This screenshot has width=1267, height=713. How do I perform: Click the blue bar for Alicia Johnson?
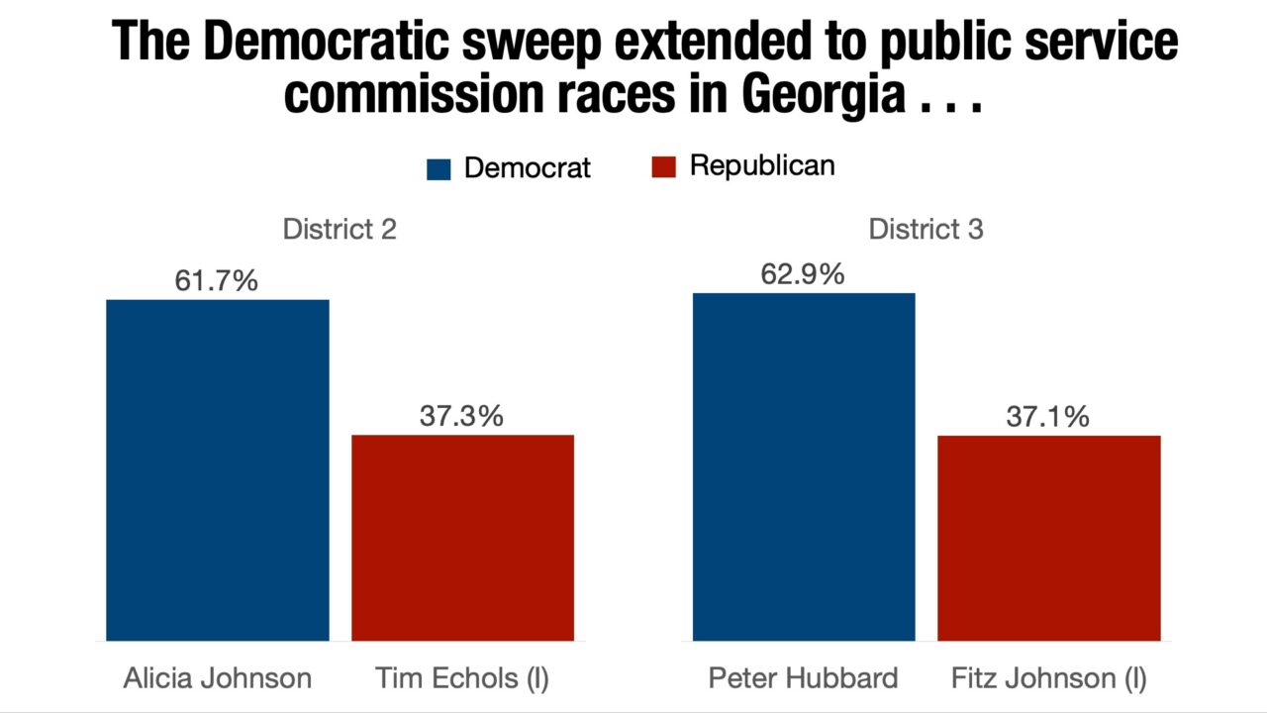click(218, 470)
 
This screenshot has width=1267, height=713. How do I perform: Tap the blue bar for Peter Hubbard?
click(804, 467)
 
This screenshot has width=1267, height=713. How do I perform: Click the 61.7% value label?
click(216, 281)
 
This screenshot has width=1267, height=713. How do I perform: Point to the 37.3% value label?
click(461, 416)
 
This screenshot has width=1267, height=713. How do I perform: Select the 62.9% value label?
click(803, 274)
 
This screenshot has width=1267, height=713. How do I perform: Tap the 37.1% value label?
click(1047, 417)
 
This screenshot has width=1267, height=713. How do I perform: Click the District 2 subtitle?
click(340, 230)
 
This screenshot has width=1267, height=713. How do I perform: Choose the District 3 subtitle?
click(926, 230)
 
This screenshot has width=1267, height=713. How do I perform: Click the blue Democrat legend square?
click(439, 168)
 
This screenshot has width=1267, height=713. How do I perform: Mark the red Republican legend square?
click(663, 167)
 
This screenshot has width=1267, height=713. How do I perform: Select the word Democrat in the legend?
click(527, 168)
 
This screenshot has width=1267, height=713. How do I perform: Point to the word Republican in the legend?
click(762, 166)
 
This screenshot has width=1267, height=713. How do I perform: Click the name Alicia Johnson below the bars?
click(218, 678)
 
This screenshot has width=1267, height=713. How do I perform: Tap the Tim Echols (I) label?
click(462, 678)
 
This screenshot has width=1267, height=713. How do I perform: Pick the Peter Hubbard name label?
click(804, 678)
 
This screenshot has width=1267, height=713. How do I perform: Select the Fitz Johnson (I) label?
click(1049, 678)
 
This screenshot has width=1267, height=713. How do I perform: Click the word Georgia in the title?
click(821, 96)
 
